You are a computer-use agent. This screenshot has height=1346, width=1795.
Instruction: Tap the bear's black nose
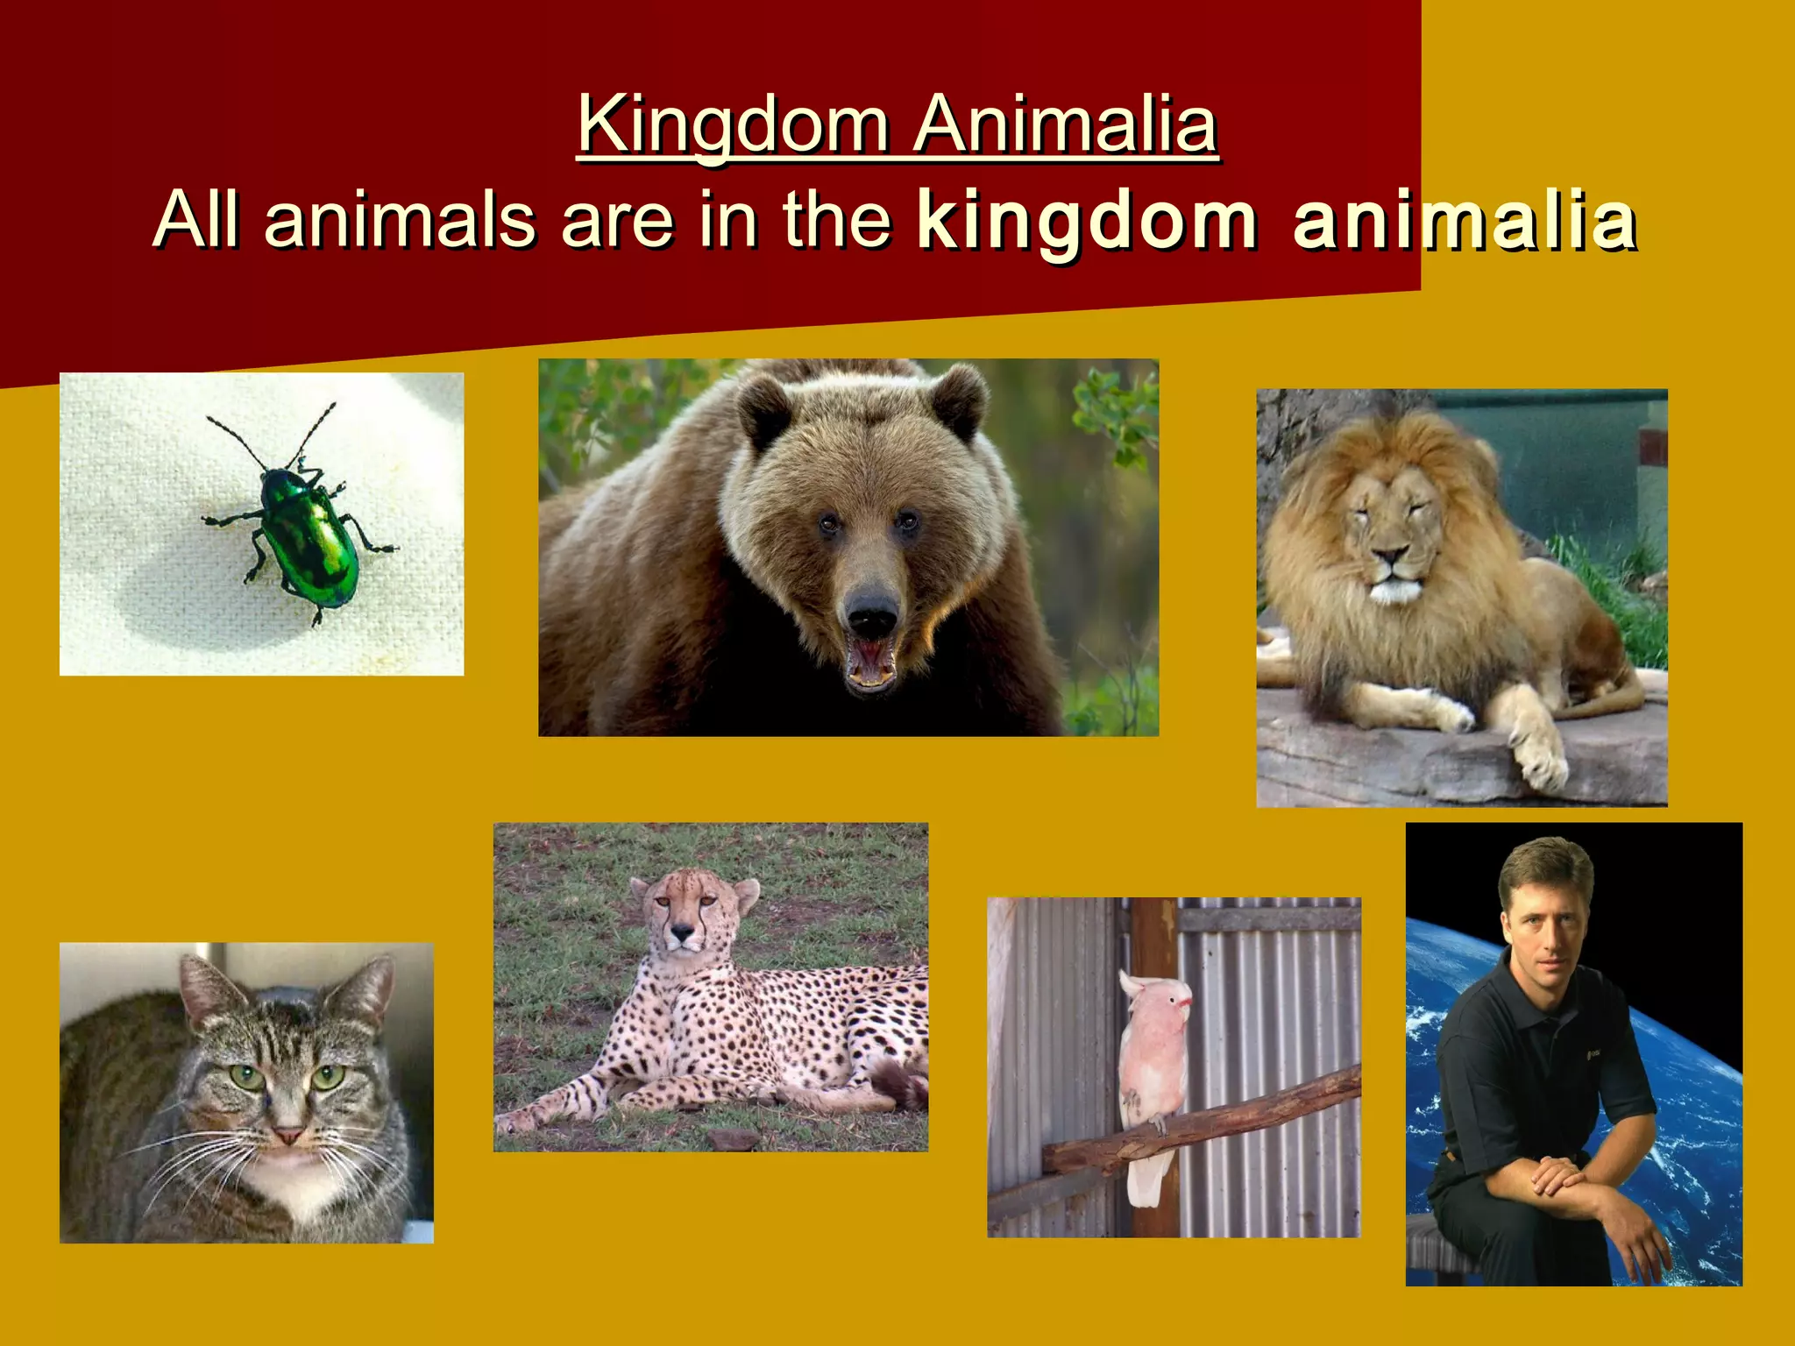(x=871, y=614)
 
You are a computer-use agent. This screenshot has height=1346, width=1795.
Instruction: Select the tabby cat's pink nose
(x=288, y=1136)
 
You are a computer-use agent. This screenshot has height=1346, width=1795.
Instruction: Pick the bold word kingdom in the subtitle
(x=1087, y=221)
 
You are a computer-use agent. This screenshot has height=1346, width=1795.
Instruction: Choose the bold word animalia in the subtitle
(x=1464, y=221)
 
